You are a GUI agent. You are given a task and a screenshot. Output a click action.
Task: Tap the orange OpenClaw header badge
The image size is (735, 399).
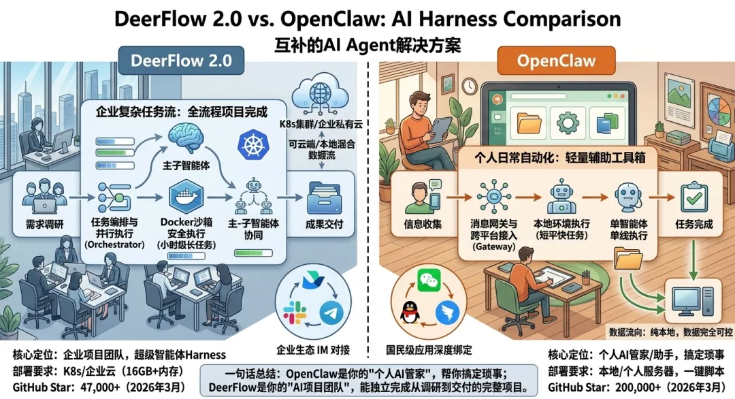(x=556, y=61)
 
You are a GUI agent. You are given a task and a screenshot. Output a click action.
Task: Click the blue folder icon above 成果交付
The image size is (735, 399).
(x=325, y=197)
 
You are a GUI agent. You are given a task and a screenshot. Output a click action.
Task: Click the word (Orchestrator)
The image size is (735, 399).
(x=112, y=244)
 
